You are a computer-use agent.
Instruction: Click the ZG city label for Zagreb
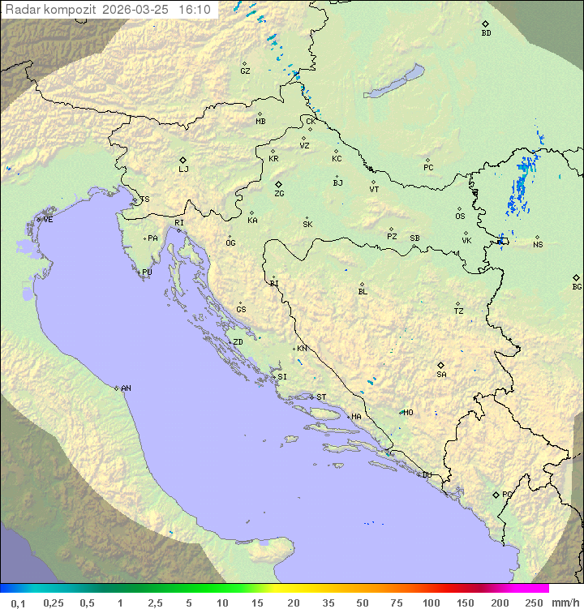pyautogui.click(x=279, y=194)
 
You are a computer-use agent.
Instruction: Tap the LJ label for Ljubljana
pyautogui.click(x=183, y=169)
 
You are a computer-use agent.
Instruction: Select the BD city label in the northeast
pyautogui.click(x=486, y=33)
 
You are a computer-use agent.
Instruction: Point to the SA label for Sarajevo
pyautogui.click(x=441, y=375)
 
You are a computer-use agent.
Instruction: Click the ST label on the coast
pyautogui.click(x=321, y=397)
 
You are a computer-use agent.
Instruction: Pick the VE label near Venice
pyautogui.click(x=48, y=220)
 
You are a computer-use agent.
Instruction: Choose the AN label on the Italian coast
pyautogui.click(x=126, y=388)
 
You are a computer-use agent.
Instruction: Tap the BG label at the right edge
pyautogui.click(x=577, y=287)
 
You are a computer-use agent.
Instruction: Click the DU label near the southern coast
pyautogui.click(x=426, y=475)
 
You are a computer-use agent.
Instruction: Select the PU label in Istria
pyautogui.click(x=147, y=272)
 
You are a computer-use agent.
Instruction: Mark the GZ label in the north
pyautogui.click(x=245, y=71)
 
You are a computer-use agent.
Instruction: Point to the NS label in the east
pyautogui.click(x=538, y=245)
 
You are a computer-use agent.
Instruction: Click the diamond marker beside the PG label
pyautogui.click(x=496, y=494)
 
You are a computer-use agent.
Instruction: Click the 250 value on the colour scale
pyautogui.click(x=533, y=603)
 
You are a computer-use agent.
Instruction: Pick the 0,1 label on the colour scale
pyautogui.click(x=18, y=603)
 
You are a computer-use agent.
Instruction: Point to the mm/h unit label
pyautogui.click(x=565, y=603)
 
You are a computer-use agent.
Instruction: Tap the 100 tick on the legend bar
pyautogui.click(x=431, y=603)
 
